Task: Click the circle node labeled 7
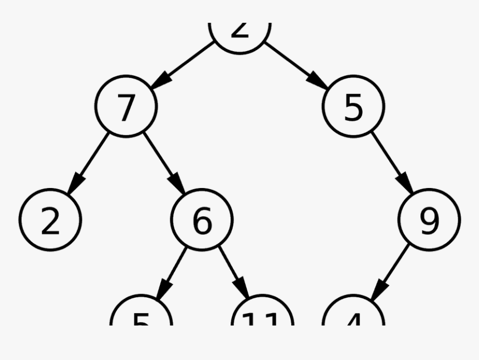[126, 107]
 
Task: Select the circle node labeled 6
[202, 220]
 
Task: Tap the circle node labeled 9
[429, 219]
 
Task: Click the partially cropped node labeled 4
[354, 314]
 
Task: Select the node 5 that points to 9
[353, 106]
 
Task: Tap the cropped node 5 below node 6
[141, 314]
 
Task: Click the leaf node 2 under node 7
[50, 220]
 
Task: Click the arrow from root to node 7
[183, 65]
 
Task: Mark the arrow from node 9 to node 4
[390, 273]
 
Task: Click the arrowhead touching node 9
[405, 184]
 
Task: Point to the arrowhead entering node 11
[244, 290]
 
